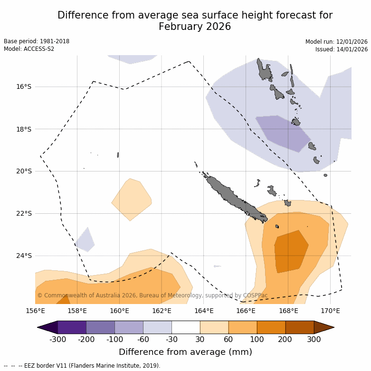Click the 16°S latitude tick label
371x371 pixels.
click(x=24, y=86)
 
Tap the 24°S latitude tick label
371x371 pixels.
click(x=24, y=256)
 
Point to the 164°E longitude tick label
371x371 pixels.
click(x=203, y=311)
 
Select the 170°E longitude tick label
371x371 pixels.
click(x=330, y=311)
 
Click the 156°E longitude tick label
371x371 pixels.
click(x=35, y=311)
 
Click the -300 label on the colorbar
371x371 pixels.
click(x=57, y=339)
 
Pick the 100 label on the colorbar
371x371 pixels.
click(x=257, y=339)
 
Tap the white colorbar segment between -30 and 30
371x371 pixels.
click(x=186, y=327)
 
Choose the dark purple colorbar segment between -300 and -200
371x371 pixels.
click(x=72, y=327)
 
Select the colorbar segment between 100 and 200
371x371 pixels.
click(x=271, y=327)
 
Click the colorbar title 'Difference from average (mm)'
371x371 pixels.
click(x=185, y=352)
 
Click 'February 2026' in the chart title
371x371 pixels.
click(x=195, y=27)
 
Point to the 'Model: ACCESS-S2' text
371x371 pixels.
click(x=29, y=49)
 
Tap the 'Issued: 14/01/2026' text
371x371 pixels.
click(x=342, y=49)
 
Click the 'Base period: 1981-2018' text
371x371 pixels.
click(x=37, y=41)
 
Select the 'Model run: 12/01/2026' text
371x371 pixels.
click(x=336, y=42)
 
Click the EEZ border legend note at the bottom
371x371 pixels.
click(x=82, y=366)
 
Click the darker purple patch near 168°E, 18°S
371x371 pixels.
click(x=284, y=132)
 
